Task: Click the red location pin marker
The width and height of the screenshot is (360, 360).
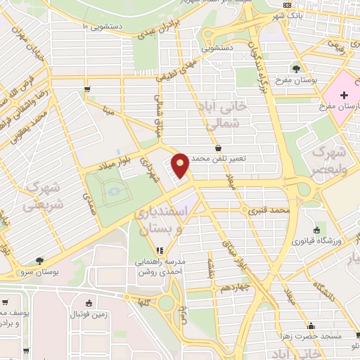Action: tap(181, 165)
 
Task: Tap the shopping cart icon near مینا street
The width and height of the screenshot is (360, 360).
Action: tap(87, 89)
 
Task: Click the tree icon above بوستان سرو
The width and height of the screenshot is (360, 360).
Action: tap(39, 261)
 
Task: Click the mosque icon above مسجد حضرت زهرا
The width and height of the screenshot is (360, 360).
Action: tap(311, 326)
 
